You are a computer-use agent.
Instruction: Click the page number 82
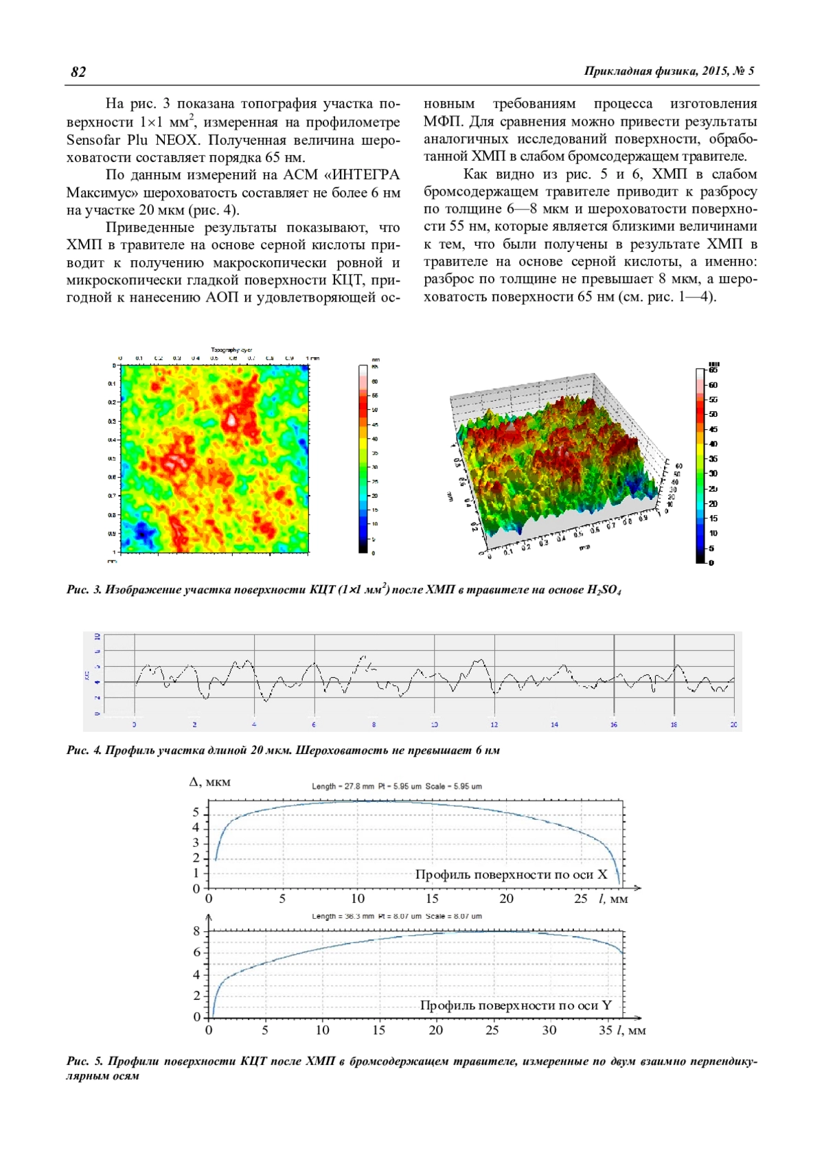78,72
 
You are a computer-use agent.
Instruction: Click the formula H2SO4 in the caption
604,590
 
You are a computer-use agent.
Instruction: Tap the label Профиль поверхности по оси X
511,874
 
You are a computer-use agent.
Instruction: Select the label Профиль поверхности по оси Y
516,1005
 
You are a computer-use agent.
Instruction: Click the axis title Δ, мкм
210,782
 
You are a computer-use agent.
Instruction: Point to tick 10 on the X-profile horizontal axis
358,898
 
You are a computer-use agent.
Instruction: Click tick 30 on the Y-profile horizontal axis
549,1030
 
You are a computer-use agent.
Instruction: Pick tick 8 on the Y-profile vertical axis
196,932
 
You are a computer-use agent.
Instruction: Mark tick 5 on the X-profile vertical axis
196,812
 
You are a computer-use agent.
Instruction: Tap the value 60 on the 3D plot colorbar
713,385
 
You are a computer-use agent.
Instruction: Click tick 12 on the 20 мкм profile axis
494,724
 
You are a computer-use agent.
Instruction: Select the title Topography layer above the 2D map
231,350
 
